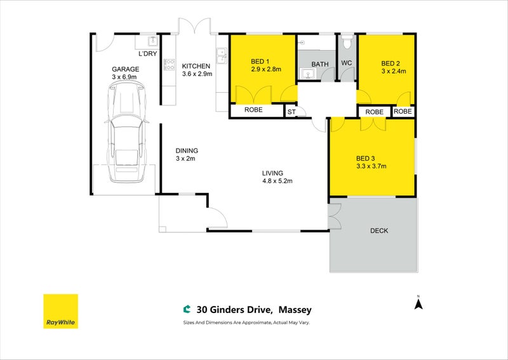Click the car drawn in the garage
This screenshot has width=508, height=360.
coord(126,132)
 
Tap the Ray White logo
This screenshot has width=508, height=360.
coord(60,311)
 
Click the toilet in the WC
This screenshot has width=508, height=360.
coord(347,41)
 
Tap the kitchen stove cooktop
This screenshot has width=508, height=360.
coord(169,64)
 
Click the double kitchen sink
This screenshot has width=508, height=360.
coord(222,56)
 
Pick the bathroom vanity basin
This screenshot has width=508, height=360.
coord(307,74)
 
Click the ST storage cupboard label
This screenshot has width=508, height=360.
coord(291,112)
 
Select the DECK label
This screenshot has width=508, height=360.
coord(379,230)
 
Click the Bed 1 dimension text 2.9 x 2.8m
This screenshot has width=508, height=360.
coord(266,69)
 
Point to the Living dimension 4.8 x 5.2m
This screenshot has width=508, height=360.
coord(277,181)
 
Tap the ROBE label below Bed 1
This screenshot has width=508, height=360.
coord(253,110)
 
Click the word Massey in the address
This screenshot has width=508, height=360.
coord(295,310)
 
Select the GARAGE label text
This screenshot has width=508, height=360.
coord(125,69)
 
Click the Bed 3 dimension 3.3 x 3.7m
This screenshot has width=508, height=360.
coord(371,166)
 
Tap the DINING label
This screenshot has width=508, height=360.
coord(187,150)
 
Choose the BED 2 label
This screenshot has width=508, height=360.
coord(391,63)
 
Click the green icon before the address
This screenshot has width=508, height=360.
coord(187,309)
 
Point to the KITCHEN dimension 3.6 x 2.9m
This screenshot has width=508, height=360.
coord(197,74)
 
